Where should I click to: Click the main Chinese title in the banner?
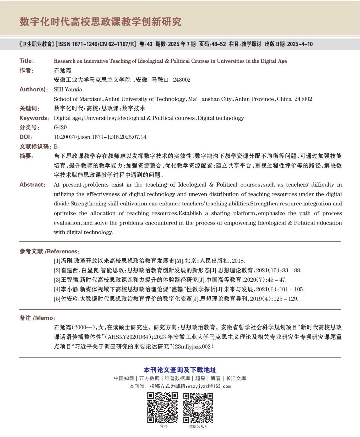pyautogui.click(x=100, y=22)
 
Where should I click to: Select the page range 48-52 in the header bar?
pyautogui.click(x=219, y=44)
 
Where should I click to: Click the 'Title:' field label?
pyautogui.click(x=26, y=61)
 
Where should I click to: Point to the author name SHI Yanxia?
pyautogui.click(x=68, y=89)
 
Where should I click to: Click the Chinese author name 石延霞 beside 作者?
pyautogui.click(x=63, y=70)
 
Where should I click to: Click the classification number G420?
pyautogui.click(x=60, y=127)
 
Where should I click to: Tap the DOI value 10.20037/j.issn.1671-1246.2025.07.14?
pyautogui.click(x=100, y=137)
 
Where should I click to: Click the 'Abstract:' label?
pyautogui.click(x=32, y=185)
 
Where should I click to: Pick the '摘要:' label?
pyautogui.click(x=26, y=156)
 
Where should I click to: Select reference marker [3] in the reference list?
pyautogui.click(x=57, y=280)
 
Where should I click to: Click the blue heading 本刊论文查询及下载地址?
pyautogui.click(x=180, y=370)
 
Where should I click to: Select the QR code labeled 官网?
pyautogui.click(x=163, y=407)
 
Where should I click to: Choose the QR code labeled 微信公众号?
pyautogui.click(x=198, y=407)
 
